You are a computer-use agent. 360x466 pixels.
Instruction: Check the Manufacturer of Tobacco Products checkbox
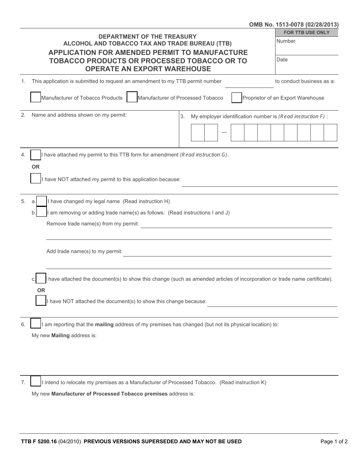coord(35,97)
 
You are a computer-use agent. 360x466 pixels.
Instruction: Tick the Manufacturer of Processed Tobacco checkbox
coord(132,97)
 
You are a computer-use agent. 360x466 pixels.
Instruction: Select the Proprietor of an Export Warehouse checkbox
coord(236,97)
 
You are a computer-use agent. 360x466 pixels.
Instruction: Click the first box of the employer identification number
coord(198,133)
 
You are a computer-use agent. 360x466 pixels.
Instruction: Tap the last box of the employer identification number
coord(330,133)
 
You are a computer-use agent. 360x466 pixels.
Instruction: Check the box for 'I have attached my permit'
coord(36,155)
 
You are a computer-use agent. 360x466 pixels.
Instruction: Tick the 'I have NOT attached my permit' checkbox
coord(36,178)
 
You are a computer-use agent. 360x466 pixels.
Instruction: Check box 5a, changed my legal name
coord(42,201)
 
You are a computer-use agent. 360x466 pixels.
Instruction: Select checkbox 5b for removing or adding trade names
coord(42,213)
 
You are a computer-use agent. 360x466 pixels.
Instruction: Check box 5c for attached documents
coord(41,278)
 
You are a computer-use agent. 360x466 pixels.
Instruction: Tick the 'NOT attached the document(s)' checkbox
coord(41,301)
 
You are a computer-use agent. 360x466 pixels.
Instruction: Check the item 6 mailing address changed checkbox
coord(36,324)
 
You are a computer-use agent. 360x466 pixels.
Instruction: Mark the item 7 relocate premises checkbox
coord(36,382)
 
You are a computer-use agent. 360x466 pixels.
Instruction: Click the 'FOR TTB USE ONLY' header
coord(307,33)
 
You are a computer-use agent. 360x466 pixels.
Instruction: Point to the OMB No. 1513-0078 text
coord(294,25)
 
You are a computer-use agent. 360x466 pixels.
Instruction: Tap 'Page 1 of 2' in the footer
coord(333,441)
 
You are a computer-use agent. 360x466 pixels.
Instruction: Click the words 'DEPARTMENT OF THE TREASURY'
coord(147,37)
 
